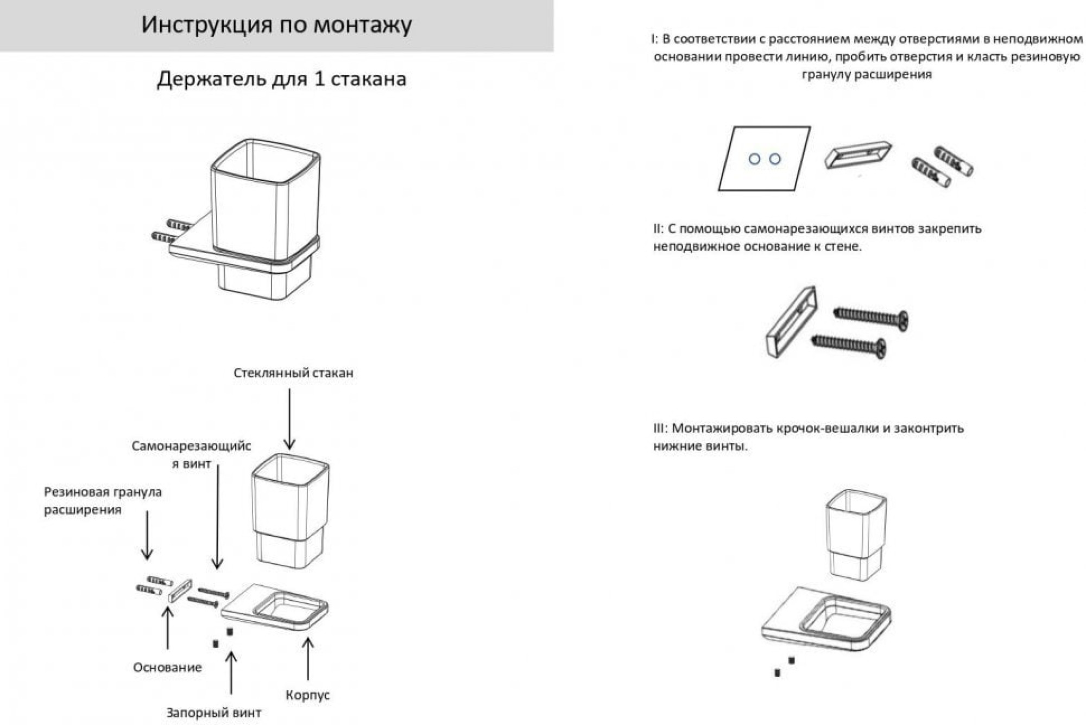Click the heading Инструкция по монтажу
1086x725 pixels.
click(276, 25)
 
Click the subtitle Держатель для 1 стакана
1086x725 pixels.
click(281, 79)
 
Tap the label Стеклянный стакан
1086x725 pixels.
click(293, 373)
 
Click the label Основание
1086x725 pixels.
click(167, 667)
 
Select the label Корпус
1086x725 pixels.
click(307, 695)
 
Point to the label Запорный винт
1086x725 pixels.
click(213, 712)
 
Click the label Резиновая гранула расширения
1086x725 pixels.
click(103, 500)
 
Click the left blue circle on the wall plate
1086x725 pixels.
click(754, 159)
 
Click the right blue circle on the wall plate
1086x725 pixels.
click(775, 159)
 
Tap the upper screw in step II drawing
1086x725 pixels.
click(871, 317)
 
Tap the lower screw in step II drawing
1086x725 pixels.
click(849, 345)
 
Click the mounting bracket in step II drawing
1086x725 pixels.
click(790, 321)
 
